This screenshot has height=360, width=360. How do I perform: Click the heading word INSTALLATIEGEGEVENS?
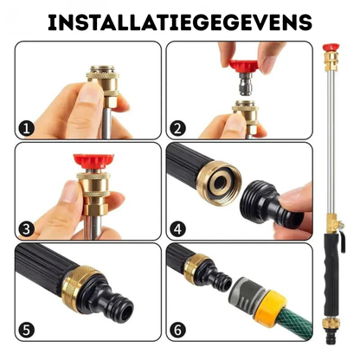(x=180, y=22)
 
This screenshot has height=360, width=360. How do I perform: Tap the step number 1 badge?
(x=27, y=128)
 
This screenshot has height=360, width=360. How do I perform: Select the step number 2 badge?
(x=177, y=128)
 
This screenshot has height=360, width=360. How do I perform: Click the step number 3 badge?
(x=27, y=229)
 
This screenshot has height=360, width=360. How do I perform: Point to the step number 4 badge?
(x=177, y=229)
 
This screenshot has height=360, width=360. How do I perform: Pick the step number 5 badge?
(x=27, y=331)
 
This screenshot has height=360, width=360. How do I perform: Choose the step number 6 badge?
(x=177, y=331)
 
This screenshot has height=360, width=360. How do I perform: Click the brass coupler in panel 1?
(x=103, y=85)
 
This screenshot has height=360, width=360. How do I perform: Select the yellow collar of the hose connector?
(x=271, y=305)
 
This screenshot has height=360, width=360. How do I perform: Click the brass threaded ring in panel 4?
(x=219, y=182)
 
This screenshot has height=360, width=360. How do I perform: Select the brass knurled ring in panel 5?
(x=80, y=287)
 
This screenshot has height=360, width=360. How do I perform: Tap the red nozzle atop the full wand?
(x=331, y=48)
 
